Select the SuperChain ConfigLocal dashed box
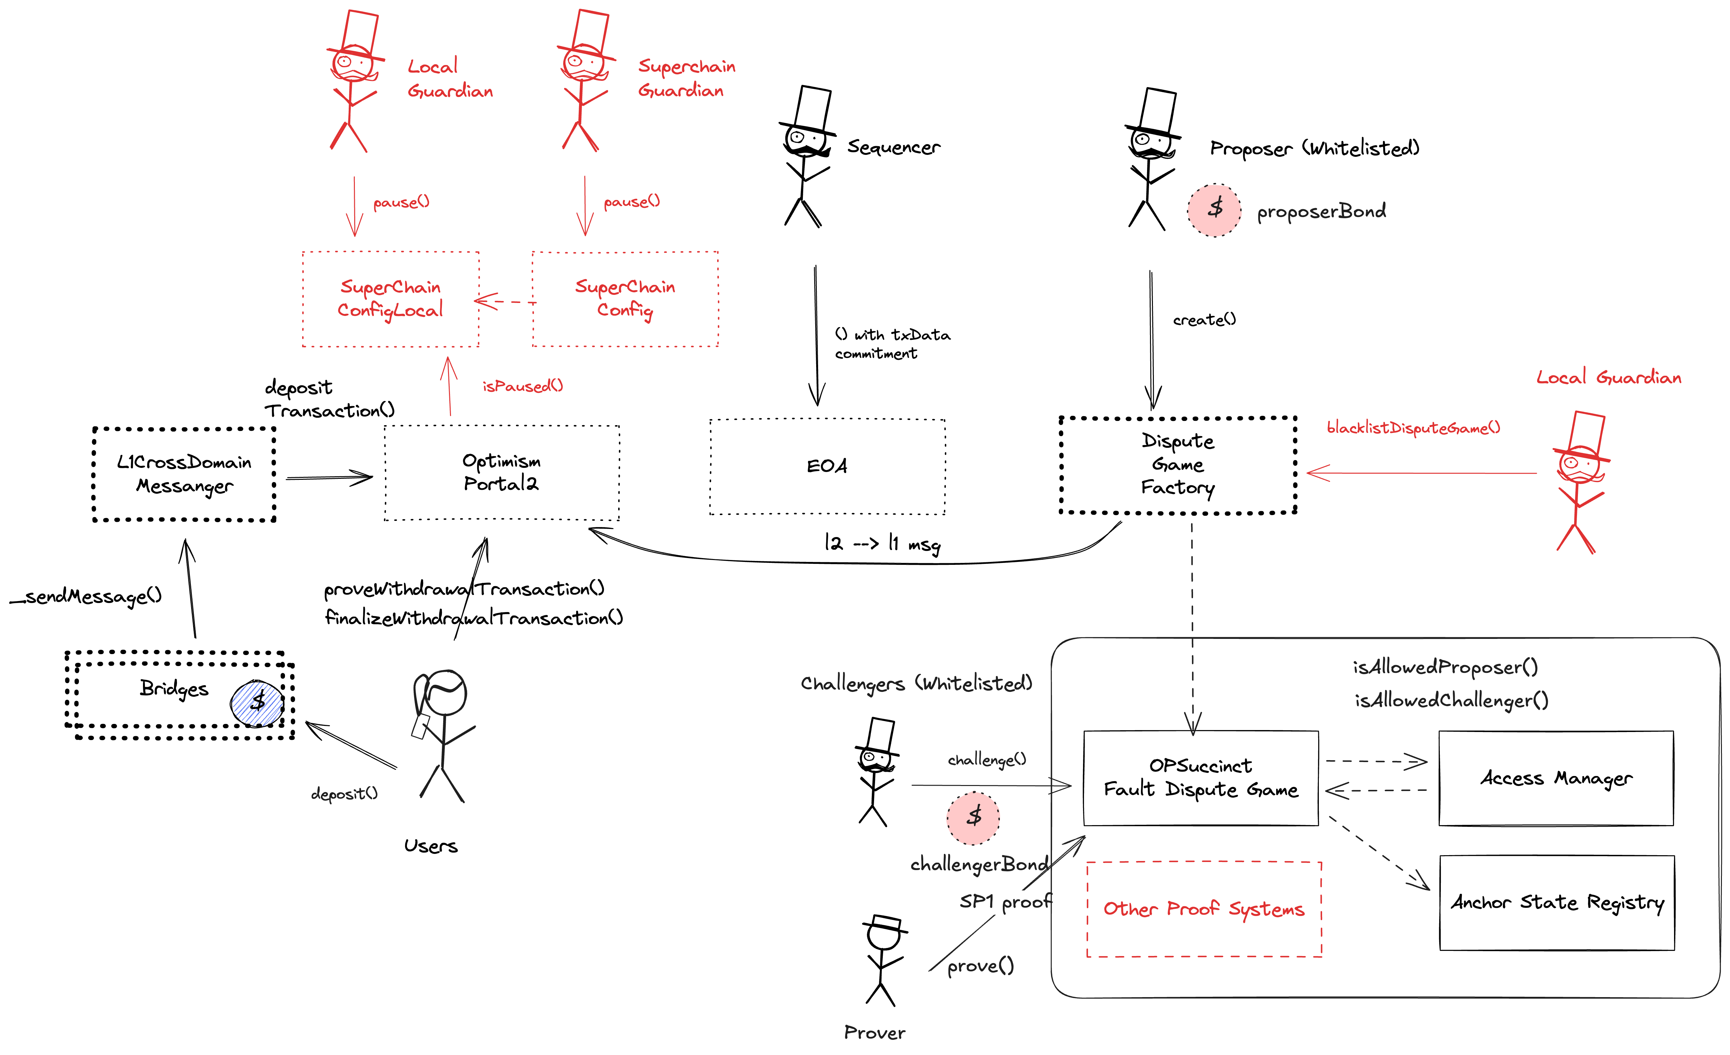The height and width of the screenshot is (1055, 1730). [x=390, y=299]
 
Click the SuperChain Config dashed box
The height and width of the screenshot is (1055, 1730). [x=625, y=299]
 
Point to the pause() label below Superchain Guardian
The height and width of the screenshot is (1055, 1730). [x=631, y=202]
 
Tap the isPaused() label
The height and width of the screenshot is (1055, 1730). [x=522, y=386]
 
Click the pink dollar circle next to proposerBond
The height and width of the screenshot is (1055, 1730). [x=1214, y=210]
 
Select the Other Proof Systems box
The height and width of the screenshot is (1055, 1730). [x=1203, y=909]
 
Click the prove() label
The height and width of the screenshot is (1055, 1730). [x=980, y=966]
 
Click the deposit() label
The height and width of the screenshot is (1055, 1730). [x=344, y=794]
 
